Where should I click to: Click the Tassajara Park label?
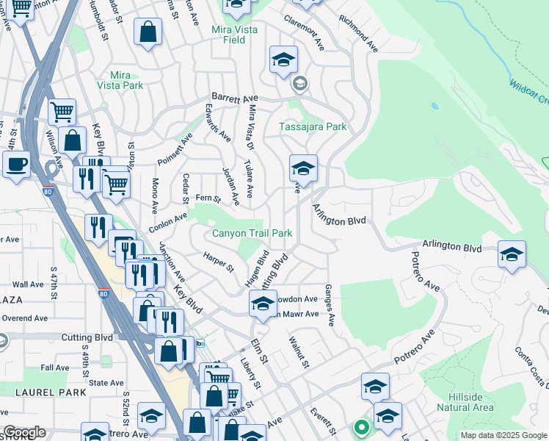point(313,127)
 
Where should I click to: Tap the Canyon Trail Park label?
point(252,234)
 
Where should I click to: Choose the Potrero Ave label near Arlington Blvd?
point(424,271)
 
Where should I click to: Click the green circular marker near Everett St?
point(360,426)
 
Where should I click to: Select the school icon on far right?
point(512,254)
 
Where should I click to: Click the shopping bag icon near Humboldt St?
point(148,32)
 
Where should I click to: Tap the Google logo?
point(23,433)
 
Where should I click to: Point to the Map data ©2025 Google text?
point(503,435)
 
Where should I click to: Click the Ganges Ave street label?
point(330,305)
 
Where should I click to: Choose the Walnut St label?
point(299,354)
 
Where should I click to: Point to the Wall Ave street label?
point(28,284)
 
